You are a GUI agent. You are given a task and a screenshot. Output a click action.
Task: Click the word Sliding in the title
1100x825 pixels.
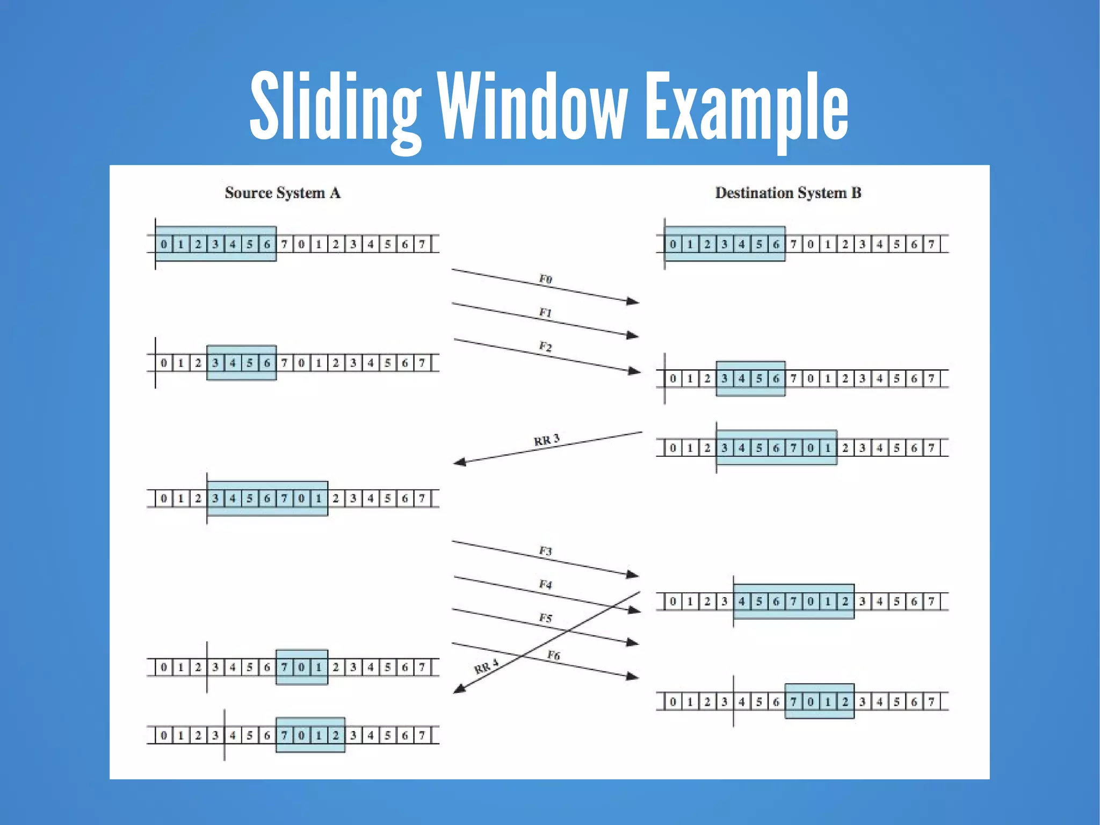[336, 107]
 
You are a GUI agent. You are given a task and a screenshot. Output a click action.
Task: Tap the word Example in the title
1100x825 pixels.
[747, 107]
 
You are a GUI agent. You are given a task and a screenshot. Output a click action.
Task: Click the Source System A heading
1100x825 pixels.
[283, 193]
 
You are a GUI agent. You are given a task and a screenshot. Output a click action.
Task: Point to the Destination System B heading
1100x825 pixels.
[788, 193]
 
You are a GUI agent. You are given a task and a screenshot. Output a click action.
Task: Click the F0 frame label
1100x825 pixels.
[546, 279]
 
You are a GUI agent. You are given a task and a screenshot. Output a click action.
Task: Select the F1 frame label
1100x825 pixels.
[546, 312]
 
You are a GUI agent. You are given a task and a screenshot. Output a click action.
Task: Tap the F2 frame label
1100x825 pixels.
[546, 346]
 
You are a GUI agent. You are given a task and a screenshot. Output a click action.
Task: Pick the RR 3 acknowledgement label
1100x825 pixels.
[547, 440]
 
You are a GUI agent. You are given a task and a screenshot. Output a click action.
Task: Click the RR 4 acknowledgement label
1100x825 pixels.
[486, 666]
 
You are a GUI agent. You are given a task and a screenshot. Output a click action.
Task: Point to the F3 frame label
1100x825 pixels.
[546, 551]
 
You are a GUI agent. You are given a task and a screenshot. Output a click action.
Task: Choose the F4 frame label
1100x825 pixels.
[546, 584]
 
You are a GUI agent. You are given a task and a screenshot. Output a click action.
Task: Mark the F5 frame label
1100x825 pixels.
[546, 618]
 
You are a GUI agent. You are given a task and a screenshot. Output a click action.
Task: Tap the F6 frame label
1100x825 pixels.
[554, 655]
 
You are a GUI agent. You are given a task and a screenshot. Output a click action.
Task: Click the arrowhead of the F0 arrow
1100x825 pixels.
[634, 302]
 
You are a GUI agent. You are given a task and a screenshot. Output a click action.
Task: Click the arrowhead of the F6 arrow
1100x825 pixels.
[634, 677]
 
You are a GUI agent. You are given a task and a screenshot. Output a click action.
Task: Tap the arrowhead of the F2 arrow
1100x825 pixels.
[635, 371]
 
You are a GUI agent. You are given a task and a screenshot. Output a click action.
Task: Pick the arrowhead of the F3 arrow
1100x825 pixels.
[634, 575]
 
